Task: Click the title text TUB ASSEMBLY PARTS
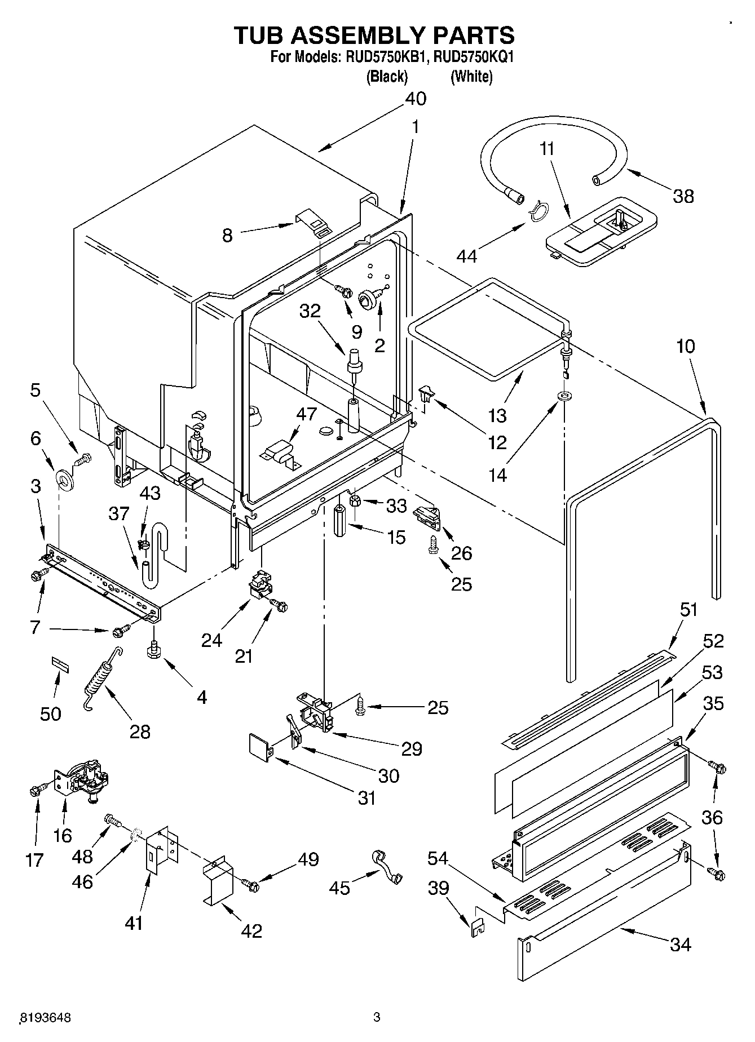click(374, 35)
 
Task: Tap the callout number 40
click(416, 99)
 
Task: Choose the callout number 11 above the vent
click(547, 149)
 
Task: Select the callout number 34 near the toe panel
click(681, 944)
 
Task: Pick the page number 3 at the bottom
click(377, 1017)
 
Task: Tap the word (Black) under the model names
click(387, 77)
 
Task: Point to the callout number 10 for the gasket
click(686, 346)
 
